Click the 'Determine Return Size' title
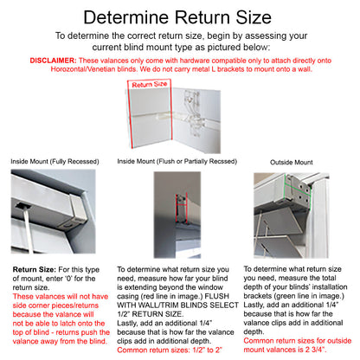click(177, 17)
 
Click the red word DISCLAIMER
click(53, 61)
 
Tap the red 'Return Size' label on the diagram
click(150, 85)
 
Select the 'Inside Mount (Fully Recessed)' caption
click(55, 162)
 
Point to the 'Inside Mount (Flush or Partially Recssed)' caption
click(177, 162)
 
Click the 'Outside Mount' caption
click(292, 163)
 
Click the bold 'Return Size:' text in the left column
click(34, 270)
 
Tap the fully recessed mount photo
click(53, 211)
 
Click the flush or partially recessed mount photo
click(177, 215)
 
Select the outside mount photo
click(292, 215)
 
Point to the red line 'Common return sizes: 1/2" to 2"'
click(170, 350)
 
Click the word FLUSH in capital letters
click(216, 296)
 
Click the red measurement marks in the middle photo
click(182, 209)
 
